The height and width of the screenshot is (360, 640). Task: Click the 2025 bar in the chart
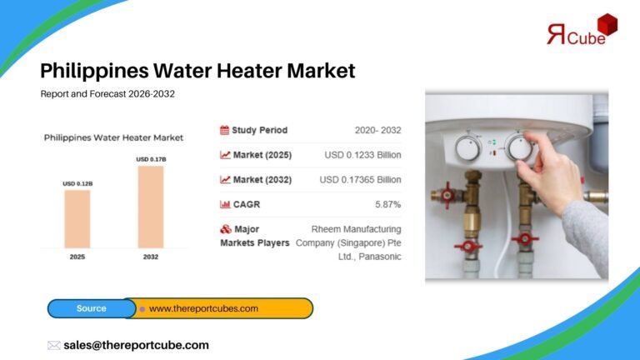coord(77,218)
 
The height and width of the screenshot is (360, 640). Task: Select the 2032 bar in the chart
coord(151,207)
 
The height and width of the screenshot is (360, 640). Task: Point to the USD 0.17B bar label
coord(151,159)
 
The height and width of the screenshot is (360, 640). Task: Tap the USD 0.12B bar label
coord(77,183)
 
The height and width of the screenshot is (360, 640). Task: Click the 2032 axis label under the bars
coord(151,257)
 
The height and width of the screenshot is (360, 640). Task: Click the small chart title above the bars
coord(113,137)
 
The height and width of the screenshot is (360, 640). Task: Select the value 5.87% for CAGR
coord(387,204)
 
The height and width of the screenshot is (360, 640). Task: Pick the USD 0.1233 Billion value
coord(362,155)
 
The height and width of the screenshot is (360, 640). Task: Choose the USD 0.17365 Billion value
coord(360,179)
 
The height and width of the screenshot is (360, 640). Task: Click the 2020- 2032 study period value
coord(377,130)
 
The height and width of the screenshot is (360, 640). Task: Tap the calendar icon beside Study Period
coord(225,130)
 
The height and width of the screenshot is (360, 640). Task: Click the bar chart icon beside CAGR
coord(225,204)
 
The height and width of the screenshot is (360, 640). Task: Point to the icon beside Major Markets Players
coord(225,229)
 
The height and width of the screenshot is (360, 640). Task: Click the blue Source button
coord(92,308)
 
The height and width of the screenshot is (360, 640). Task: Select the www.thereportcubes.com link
coord(203,308)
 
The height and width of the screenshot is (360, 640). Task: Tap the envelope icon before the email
coord(54,345)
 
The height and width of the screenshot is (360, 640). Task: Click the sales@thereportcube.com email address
coord(136,345)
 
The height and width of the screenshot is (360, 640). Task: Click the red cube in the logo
coord(607,26)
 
